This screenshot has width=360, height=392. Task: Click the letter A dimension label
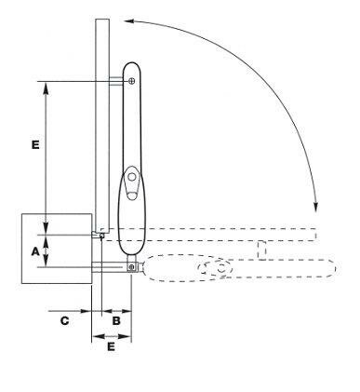tap(35, 251)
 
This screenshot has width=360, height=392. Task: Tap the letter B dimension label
tap(116, 320)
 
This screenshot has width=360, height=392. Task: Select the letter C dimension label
tap(64, 320)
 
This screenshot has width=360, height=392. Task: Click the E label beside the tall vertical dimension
tap(35, 145)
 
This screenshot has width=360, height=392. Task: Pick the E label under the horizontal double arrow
tap(111, 346)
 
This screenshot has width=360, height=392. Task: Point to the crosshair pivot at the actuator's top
tap(132, 81)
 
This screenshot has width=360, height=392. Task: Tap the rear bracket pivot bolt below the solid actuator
tap(132, 267)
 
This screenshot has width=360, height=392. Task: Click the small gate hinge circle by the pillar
tap(101, 236)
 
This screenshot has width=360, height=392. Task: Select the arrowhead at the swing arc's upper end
tap(128, 21)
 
